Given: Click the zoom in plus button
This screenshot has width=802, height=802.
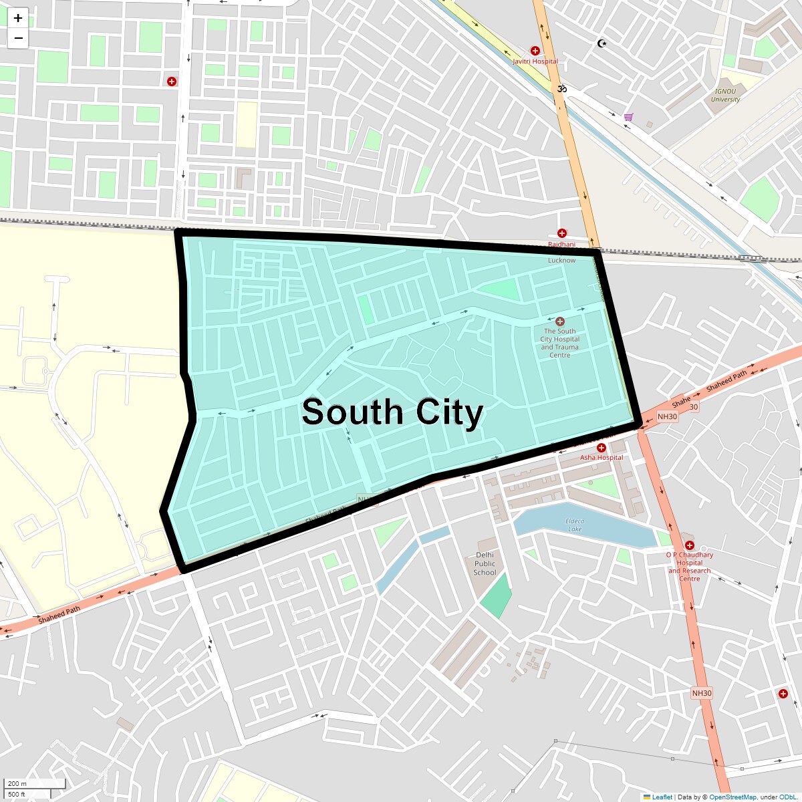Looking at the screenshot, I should (x=18, y=18).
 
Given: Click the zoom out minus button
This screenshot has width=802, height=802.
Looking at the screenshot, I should (x=18, y=38).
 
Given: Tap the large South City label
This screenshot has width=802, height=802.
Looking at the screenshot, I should (x=392, y=412).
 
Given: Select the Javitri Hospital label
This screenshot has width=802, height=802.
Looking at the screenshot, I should (x=535, y=61).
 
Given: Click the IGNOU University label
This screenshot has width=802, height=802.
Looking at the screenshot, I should (x=725, y=96).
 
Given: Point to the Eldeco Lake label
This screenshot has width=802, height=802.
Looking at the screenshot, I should (x=575, y=525).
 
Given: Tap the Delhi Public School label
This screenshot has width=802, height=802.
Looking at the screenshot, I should (x=485, y=563).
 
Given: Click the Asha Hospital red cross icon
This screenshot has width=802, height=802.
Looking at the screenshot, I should (x=601, y=448).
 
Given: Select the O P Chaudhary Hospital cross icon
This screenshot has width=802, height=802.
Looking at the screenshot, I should (x=690, y=545).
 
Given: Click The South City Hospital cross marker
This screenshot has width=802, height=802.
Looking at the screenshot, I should (x=560, y=321).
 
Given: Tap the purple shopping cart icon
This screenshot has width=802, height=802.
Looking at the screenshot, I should (x=628, y=117).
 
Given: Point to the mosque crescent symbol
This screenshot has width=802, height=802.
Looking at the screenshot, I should (x=601, y=43).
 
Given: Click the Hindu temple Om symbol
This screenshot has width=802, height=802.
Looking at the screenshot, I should (x=562, y=88).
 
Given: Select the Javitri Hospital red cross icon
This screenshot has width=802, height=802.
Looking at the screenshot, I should (x=535, y=51).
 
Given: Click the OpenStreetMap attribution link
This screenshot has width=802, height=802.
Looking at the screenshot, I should (x=732, y=797).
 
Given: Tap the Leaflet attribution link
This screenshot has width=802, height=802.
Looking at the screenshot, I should (x=662, y=797).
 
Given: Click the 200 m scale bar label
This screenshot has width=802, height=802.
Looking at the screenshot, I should (x=18, y=783).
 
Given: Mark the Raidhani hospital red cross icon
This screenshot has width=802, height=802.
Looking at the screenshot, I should (x=561, y=233).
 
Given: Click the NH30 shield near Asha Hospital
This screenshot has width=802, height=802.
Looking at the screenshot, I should (x=667, y=416).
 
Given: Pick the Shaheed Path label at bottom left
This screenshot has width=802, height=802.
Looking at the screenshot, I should (x=59, y=615).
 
